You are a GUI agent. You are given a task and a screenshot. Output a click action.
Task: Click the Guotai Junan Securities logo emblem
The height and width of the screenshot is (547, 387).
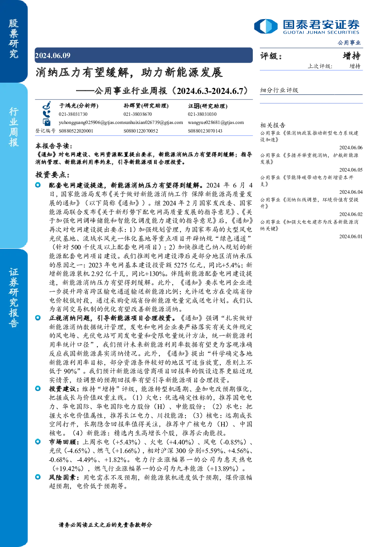(266, 26)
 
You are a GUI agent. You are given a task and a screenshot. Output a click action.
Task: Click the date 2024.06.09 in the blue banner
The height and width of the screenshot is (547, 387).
(53, 55)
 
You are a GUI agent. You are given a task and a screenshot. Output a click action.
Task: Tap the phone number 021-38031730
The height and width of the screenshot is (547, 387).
(73, 114)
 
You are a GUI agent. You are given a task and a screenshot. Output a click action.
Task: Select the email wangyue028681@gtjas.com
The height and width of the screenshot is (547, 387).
(216, 122)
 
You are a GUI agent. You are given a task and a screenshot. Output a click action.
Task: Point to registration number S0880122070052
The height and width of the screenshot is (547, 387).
(141, 131)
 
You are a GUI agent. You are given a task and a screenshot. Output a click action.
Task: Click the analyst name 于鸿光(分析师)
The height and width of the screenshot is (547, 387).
(79, 106)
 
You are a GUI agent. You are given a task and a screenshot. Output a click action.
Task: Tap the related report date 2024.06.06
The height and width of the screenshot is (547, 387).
(351, 147)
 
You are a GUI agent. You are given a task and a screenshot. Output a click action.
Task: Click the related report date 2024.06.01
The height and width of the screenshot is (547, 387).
(351, 236)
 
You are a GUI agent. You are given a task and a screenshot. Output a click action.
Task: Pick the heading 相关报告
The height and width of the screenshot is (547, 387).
(273, 125)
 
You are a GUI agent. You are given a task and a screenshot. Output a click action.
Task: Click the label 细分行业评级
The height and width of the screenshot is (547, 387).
(279, 90)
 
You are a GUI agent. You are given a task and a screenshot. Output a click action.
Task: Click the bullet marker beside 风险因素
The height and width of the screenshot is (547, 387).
(38, 477)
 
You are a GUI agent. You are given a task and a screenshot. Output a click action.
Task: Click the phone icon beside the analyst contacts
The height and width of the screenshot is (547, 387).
(46, 114)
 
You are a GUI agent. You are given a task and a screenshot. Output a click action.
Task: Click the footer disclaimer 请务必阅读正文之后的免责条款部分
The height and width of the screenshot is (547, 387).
(105, 524)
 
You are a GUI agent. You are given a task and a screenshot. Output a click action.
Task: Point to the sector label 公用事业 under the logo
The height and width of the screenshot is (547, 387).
(349, 43)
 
